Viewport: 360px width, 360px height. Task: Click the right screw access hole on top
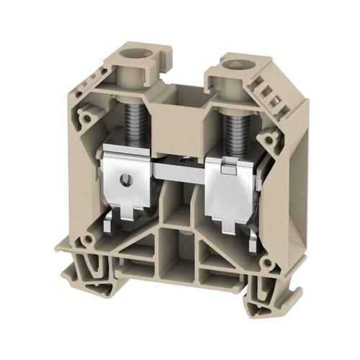click(235, 68)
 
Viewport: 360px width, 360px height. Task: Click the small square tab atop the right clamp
click(225, 168)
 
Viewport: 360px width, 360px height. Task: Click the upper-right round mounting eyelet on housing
click(270, 137)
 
